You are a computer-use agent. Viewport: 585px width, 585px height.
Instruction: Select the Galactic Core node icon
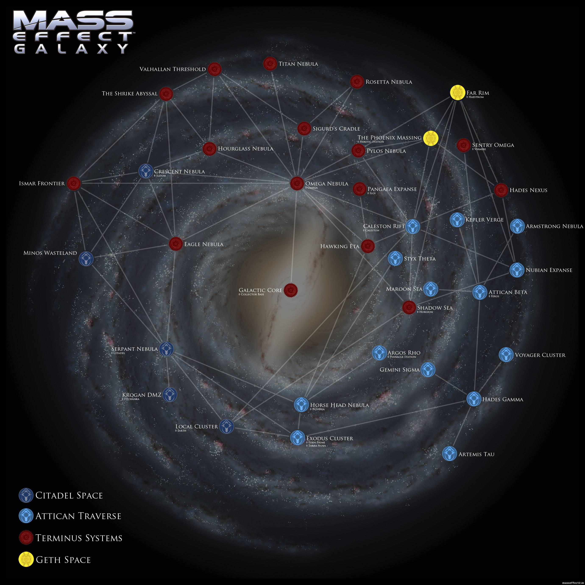pyautogui.click(x=291, y=290)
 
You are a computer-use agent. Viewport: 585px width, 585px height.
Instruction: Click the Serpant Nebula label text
pyautogui.click(x=134, y=349)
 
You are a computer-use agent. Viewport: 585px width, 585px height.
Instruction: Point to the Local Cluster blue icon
pyautogui.click(x=227, y=426)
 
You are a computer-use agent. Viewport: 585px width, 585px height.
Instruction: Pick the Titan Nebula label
pyautogui.click(x=298, y=64)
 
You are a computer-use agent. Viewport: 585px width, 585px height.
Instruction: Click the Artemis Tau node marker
pyautogui.click(x=449, y=454)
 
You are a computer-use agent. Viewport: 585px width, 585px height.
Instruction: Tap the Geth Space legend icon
pyautogui.click(x=26, y=559)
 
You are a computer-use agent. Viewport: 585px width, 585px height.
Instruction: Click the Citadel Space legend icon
pyautogui.click(x=26, y=495)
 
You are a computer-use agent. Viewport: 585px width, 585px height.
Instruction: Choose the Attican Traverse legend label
pyautogui.click(x=78, y=516)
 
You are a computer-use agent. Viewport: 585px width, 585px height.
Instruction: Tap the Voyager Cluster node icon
pyautogui.click(x=506, y=355)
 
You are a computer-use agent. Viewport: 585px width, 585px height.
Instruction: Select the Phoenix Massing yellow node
pyautogui.click(x=430, y=138)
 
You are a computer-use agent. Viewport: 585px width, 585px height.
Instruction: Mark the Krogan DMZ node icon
pyautogui.click(x=170, y=394)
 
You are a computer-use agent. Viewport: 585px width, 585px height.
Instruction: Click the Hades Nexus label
pyautogui.click(x=528, y=190)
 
